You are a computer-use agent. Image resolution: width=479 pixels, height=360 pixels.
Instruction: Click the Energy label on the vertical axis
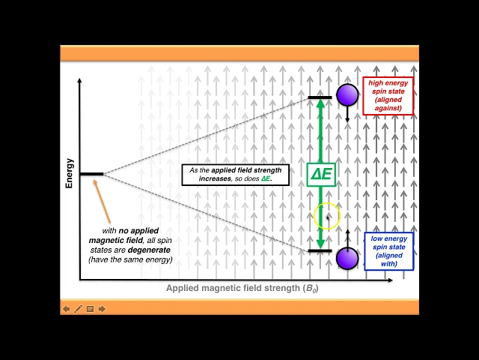tap(70, 172)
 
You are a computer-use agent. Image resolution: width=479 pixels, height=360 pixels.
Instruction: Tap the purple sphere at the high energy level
tap(347, 95)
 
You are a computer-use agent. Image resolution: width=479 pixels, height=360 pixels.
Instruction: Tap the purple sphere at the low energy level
tap(347, 258)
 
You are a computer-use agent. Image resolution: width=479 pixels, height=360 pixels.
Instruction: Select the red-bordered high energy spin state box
tap(388, 95)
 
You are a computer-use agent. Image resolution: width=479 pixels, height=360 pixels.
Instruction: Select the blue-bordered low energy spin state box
tap(388, 251)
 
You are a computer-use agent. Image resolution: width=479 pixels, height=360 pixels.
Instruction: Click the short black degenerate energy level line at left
tap(91, 174)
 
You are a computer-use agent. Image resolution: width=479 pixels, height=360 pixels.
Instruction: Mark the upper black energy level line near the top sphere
tap(320, 97)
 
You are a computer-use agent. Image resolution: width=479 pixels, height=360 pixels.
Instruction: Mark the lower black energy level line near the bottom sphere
tap(320, 251)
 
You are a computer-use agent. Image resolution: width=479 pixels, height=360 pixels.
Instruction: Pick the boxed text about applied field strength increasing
tap(235, 175)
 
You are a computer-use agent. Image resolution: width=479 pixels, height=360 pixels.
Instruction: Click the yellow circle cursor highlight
tap(327, 217)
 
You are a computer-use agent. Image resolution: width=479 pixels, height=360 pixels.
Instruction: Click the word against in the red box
tap(388, 108)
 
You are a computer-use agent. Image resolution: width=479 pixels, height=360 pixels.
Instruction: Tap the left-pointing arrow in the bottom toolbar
tap(66, 308)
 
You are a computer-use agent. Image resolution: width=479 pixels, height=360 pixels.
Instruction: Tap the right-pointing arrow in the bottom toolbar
tap(102, 308)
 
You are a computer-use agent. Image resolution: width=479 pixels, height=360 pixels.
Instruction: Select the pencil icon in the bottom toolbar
tap(78, 308)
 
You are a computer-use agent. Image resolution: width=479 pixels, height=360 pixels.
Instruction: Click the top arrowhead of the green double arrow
tap(320, 104)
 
